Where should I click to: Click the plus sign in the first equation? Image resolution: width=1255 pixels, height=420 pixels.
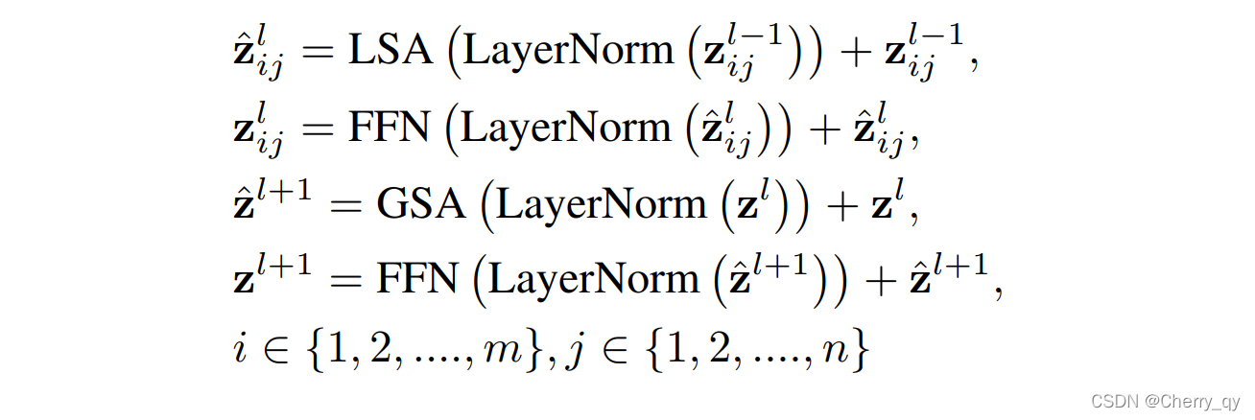click(851, 53)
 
